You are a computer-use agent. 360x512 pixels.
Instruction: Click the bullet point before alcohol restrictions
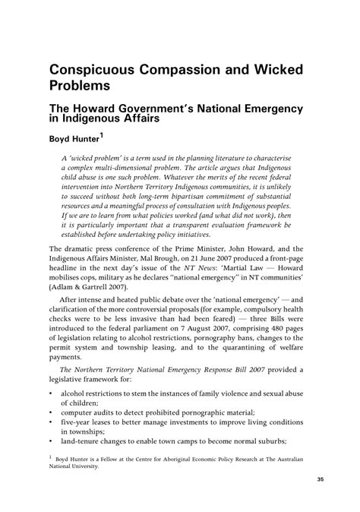(x=51, y=394)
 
